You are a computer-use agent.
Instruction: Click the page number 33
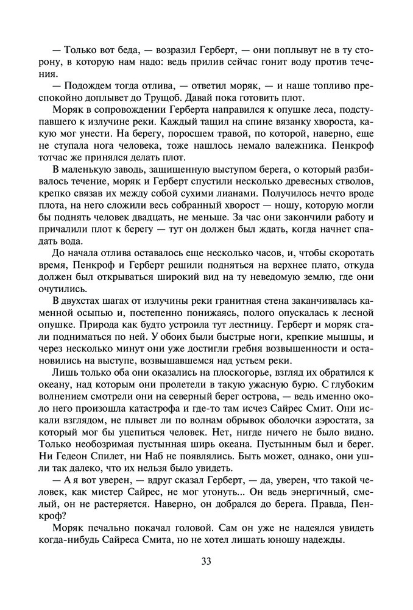(x=206, y=562)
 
